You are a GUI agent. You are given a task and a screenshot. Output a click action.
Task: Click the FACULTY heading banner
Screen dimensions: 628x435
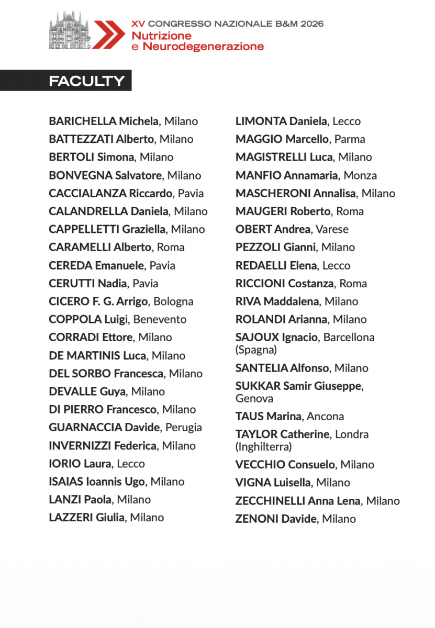(87, 81)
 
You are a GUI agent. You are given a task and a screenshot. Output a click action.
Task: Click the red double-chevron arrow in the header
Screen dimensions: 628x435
(108, 35)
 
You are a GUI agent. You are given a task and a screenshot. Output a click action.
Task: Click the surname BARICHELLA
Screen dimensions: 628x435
(82, 121)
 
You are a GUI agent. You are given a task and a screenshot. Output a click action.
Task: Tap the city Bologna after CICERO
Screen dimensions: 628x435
(173, 301)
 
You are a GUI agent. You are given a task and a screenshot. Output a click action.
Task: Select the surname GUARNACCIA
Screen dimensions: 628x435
(85, 428)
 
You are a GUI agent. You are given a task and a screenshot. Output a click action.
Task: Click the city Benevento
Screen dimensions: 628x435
(160, 319)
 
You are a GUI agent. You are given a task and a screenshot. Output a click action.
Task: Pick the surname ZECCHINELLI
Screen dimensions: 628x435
(270, 501)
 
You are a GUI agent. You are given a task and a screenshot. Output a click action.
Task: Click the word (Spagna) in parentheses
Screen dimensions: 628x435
(256, 350)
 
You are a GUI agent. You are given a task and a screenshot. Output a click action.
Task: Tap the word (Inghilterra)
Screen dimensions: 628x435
(263, 447)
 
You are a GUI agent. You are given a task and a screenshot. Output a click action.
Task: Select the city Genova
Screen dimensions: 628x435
(254, 399)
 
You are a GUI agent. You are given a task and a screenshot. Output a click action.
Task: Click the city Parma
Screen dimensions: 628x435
(350, 139)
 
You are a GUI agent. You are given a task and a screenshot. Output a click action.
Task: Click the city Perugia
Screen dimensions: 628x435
(184, 428)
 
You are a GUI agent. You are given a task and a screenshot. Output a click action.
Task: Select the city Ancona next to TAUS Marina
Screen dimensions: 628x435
(325, 417)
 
